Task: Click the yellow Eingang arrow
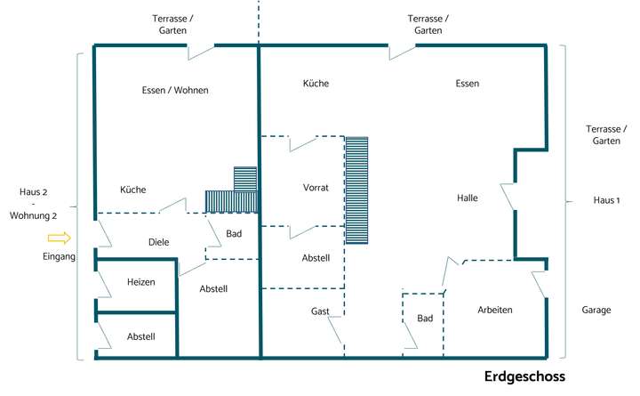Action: (59, 238)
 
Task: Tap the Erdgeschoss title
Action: (524, 376)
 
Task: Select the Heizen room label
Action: (140, 282)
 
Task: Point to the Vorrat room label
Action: (316, 188)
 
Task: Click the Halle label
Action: (468, 198)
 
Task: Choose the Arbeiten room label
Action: (495, 310)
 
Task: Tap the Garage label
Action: (596, 311)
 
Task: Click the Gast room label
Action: (320, 311)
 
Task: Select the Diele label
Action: (159, 242)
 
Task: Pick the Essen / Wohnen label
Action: (175, 90)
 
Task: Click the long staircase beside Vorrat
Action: (356, 190)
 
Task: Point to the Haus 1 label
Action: (606, 200)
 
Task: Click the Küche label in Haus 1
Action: (316, 84)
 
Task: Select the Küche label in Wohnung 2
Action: (133, 190)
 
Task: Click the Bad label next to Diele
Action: (234, 234)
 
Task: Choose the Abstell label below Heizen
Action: (140, 336)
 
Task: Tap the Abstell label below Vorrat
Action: (316, 258)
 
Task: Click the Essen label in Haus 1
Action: (468, 84)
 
